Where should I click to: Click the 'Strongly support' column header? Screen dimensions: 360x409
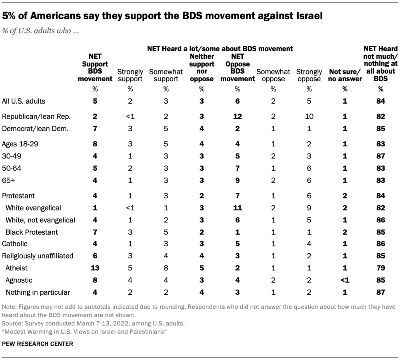click(x=130, y=75)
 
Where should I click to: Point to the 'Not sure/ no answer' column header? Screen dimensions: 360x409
click(x=345, y=75)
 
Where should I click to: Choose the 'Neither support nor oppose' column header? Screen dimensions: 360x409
click(x=202, y=68)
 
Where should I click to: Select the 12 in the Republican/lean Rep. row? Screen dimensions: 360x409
click(x=237, y=116)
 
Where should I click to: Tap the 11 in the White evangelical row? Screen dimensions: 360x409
click(x=237, y=208)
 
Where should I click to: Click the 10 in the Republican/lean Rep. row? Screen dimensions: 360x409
click(x=309, y=116)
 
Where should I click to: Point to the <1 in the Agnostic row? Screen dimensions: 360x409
click(x=345, y=280)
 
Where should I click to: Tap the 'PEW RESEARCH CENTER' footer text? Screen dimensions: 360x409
click(x=38, y=344)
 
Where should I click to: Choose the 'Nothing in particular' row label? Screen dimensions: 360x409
click(x=38, y=292)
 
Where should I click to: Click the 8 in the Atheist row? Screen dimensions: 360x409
click(x=166, y=268)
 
